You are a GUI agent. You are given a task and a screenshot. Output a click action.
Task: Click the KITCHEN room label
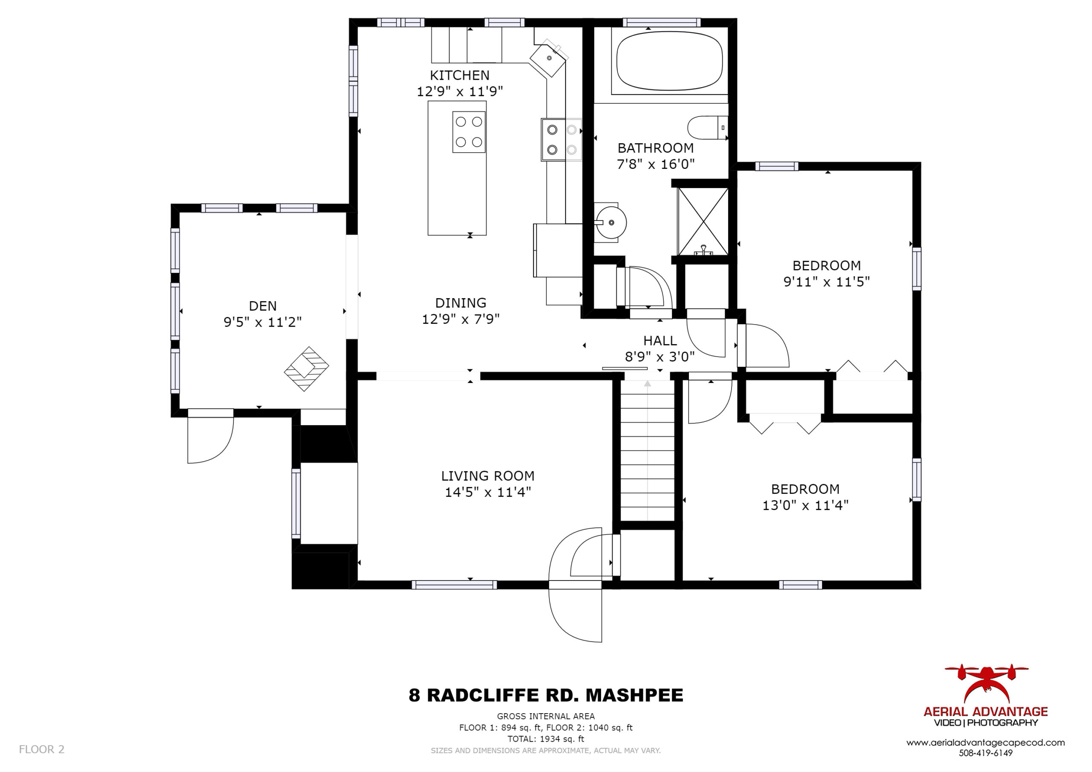click(459, 75)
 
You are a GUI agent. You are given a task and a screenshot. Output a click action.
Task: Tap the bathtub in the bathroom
click(669, 61)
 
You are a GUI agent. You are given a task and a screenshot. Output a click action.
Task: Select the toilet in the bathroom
click(708, 128)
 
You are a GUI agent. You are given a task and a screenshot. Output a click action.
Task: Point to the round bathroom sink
click(611, 222)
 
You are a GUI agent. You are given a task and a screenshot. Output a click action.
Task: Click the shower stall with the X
click(703, 222)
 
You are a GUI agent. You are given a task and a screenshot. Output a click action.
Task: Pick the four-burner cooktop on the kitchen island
click(468, 132)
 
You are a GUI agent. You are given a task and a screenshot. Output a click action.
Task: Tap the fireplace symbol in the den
click(306, 369)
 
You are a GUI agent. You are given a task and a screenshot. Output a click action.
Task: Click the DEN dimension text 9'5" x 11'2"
click(262, 322)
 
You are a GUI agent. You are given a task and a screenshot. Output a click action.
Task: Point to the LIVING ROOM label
click(488, 476)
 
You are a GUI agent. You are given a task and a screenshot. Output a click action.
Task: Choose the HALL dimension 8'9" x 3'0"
click(659, 356)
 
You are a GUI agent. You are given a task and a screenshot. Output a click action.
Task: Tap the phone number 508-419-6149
click(985, 753)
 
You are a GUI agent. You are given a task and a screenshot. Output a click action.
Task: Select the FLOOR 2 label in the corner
click(41, 749)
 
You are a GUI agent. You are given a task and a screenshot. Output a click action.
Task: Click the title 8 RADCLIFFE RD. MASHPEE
click(546, 695)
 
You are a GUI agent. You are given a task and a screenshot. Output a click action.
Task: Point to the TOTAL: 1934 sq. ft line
click(546, 739)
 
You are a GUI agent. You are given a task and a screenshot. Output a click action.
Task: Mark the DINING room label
click(460, 302)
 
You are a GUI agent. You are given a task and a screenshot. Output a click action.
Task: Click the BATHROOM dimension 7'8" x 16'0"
click(655, 164)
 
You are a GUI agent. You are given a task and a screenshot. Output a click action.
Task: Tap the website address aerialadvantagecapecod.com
click(985, 743)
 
